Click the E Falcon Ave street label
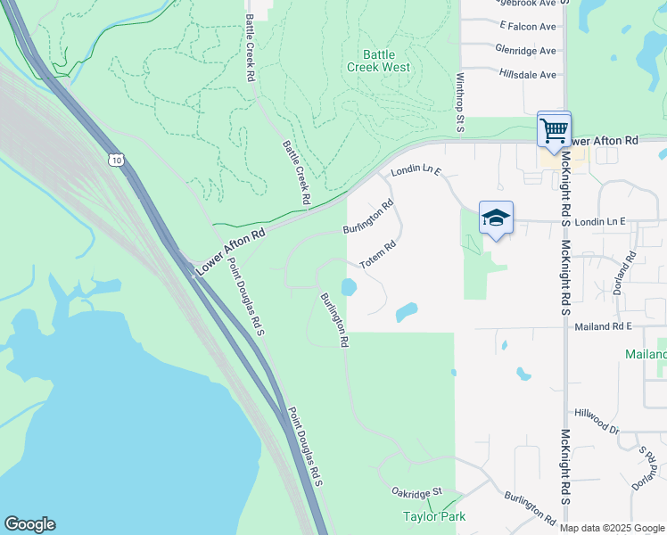(x=528, y=27)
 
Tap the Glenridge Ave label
(x=528, y=51)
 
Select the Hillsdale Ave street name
(x=528, y=75)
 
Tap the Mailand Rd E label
(x=603, y=327)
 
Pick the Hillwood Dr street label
(x=597, y=422)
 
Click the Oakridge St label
(x=417, y=492)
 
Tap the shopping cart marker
(x=554, y=130)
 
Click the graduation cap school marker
(x=496, y=218)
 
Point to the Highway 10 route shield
(x=116, y=160)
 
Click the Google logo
(x=29, y=524)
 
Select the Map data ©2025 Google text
(x=612, y=528)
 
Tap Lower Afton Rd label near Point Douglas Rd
(x=231, y=250)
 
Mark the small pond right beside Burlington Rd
(x=349, y=288)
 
